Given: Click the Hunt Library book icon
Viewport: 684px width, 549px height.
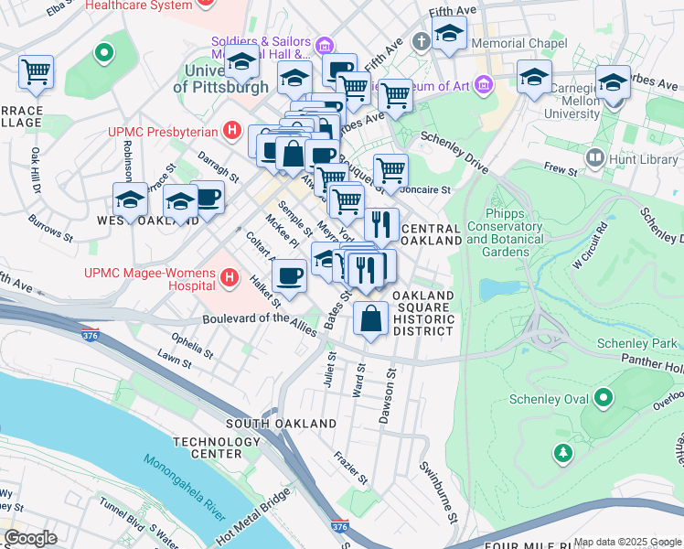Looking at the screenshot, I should click(x=596, y=159).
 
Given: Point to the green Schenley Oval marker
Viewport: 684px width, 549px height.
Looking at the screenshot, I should click(x=603, y=398).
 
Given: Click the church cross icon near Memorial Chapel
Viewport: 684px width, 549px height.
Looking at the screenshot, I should click(x=421, y=42).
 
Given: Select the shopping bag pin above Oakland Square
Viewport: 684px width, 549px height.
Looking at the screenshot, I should click(x=369, y=320).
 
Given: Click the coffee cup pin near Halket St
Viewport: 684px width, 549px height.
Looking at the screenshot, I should click(x=290, y=275).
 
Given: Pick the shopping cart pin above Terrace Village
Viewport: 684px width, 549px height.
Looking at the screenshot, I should click(x=36, y=71).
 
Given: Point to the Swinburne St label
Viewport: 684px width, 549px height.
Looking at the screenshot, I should click(x=438, y=491).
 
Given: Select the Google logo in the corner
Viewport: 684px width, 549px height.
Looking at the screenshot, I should click(x=30, y=537).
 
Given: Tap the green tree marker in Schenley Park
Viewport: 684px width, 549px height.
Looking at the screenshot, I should click(x=563, y=452).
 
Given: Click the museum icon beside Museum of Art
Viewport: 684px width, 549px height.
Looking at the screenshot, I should click(x=484, y=87).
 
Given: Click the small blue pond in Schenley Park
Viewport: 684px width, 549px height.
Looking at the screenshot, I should click(x=497, y=290).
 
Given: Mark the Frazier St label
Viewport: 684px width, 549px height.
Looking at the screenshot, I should click(x=351, y=467).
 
